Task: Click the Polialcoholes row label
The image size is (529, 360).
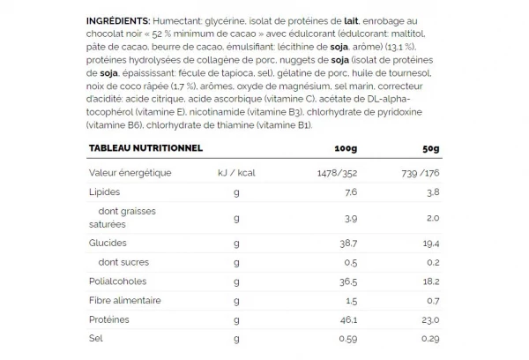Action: point(117,283)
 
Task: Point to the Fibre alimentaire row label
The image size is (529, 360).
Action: point(124,302)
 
